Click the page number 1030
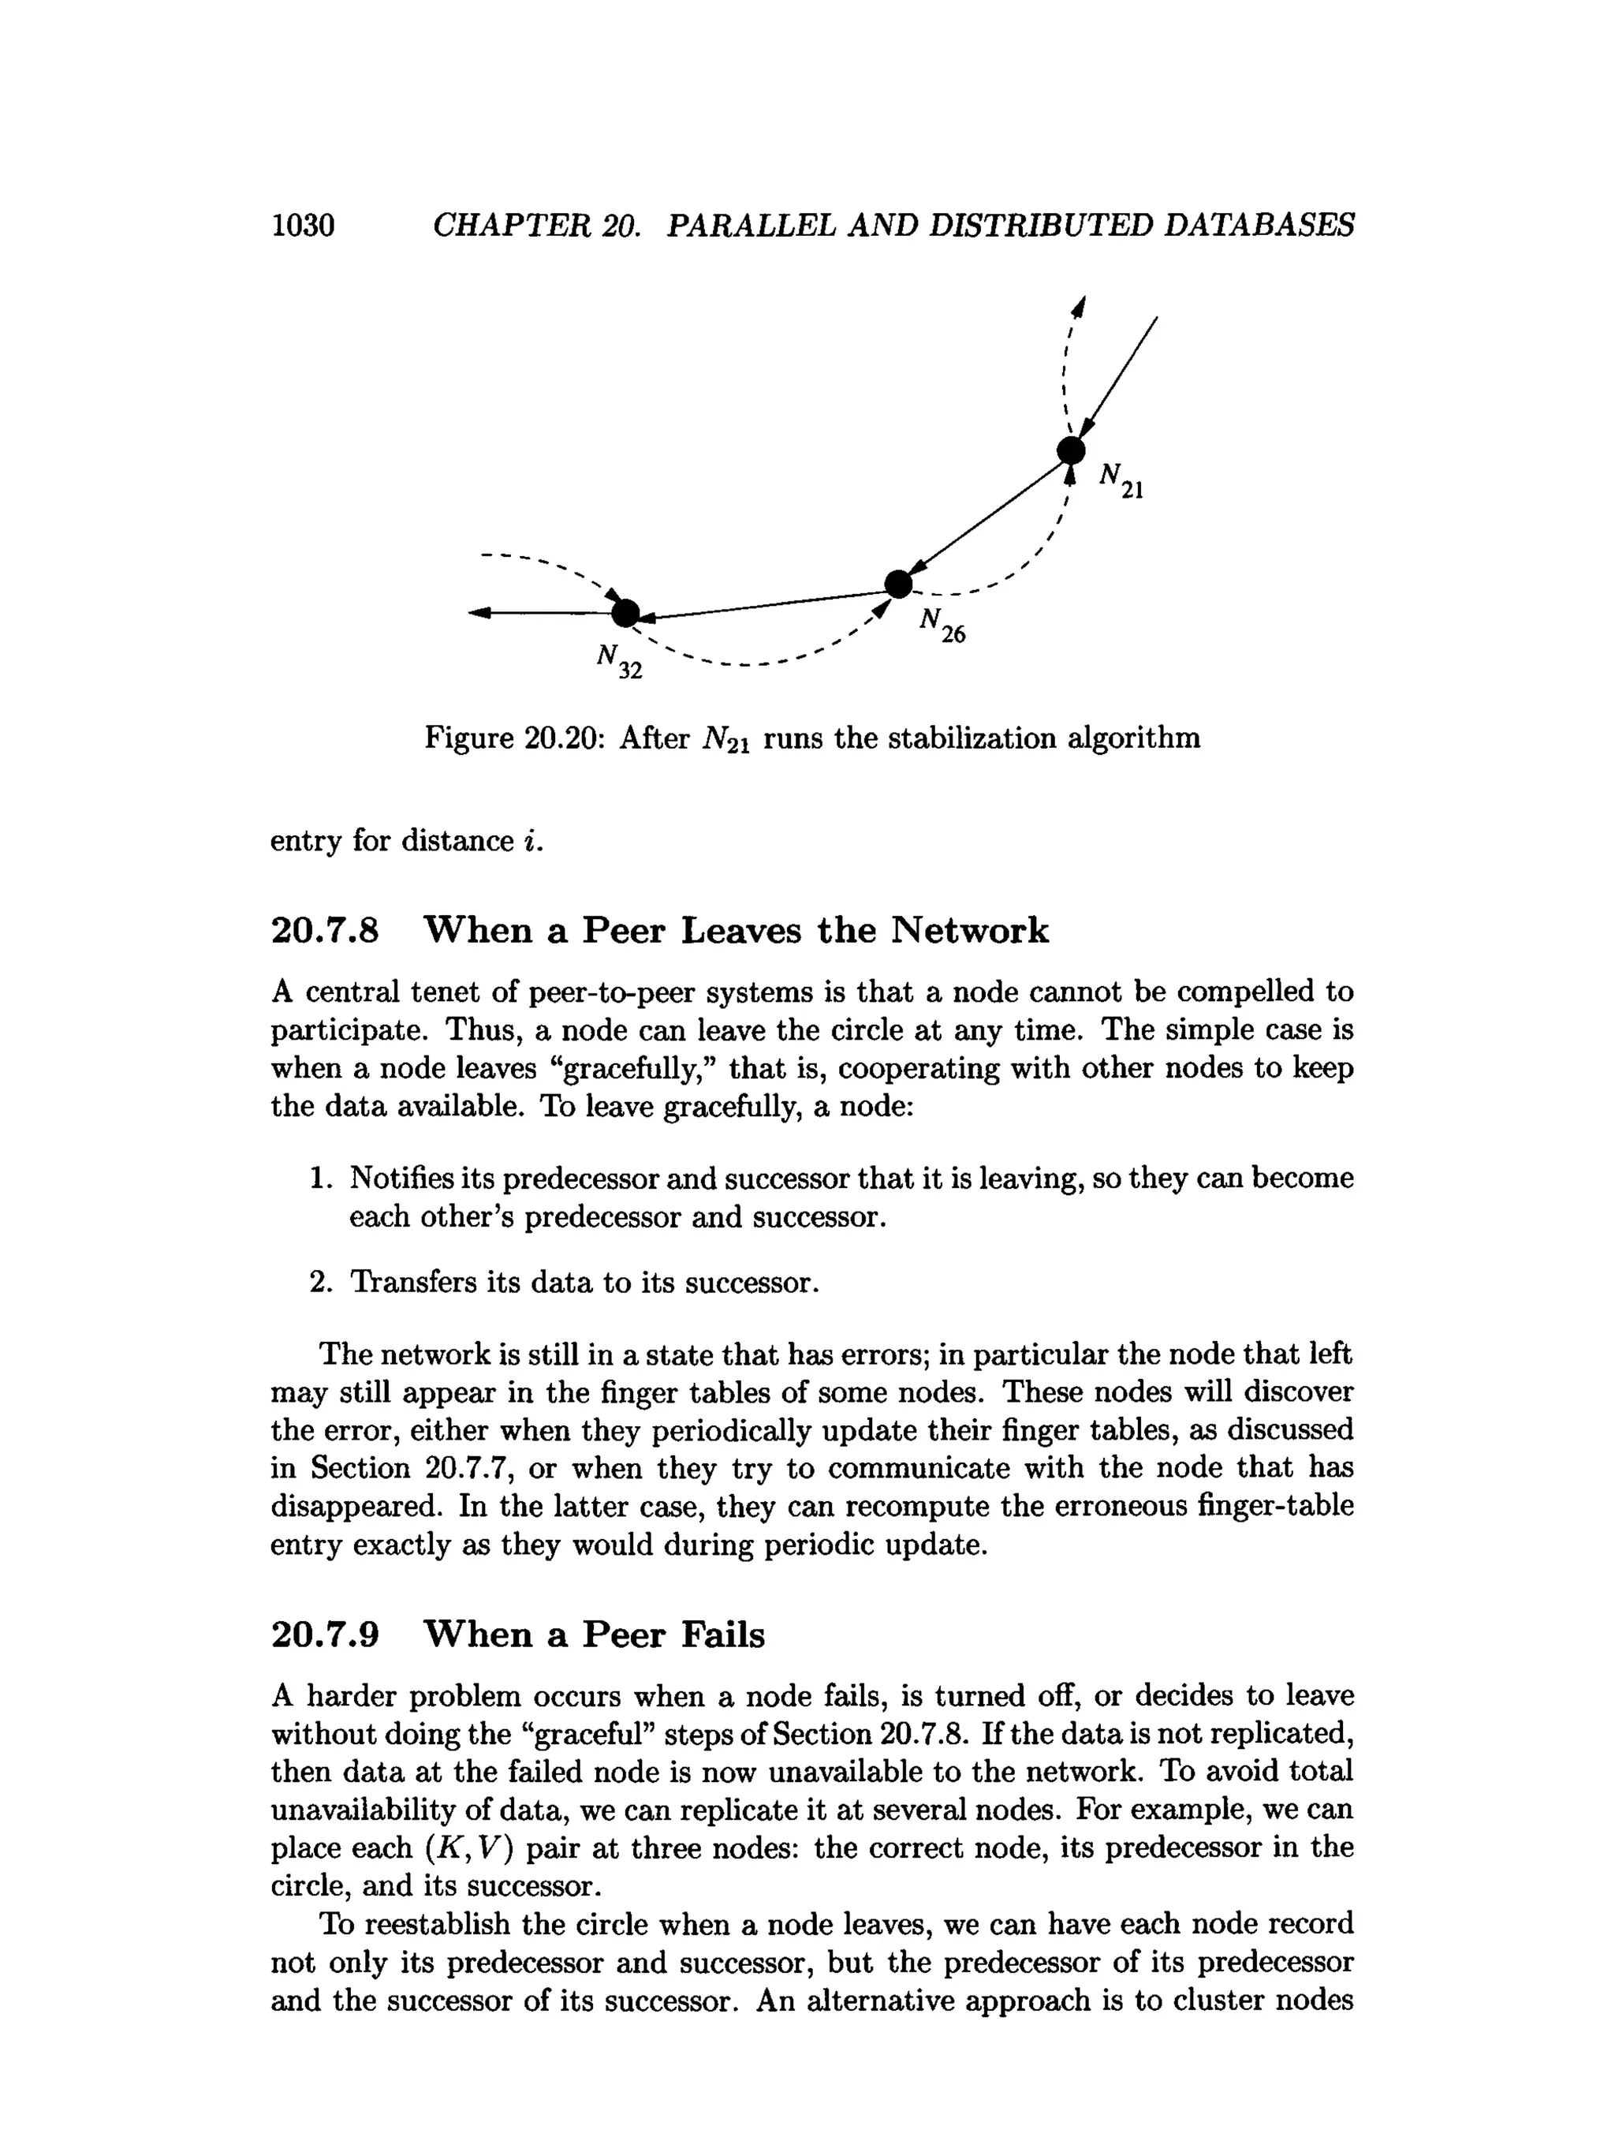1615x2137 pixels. click(x=302, y=225)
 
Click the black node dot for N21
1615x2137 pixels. click(x=1070, y=450)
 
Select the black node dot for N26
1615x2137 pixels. click(x=898, y=584)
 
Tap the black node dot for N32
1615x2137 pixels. click(x=626, y=612)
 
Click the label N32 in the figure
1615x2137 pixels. click(x=618, y=662)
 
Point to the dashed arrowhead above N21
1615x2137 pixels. click(x=1081, y=307)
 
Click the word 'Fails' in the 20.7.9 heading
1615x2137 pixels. click(x=722, y=1635)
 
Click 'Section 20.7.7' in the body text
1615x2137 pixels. click(x=413, y=1469)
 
